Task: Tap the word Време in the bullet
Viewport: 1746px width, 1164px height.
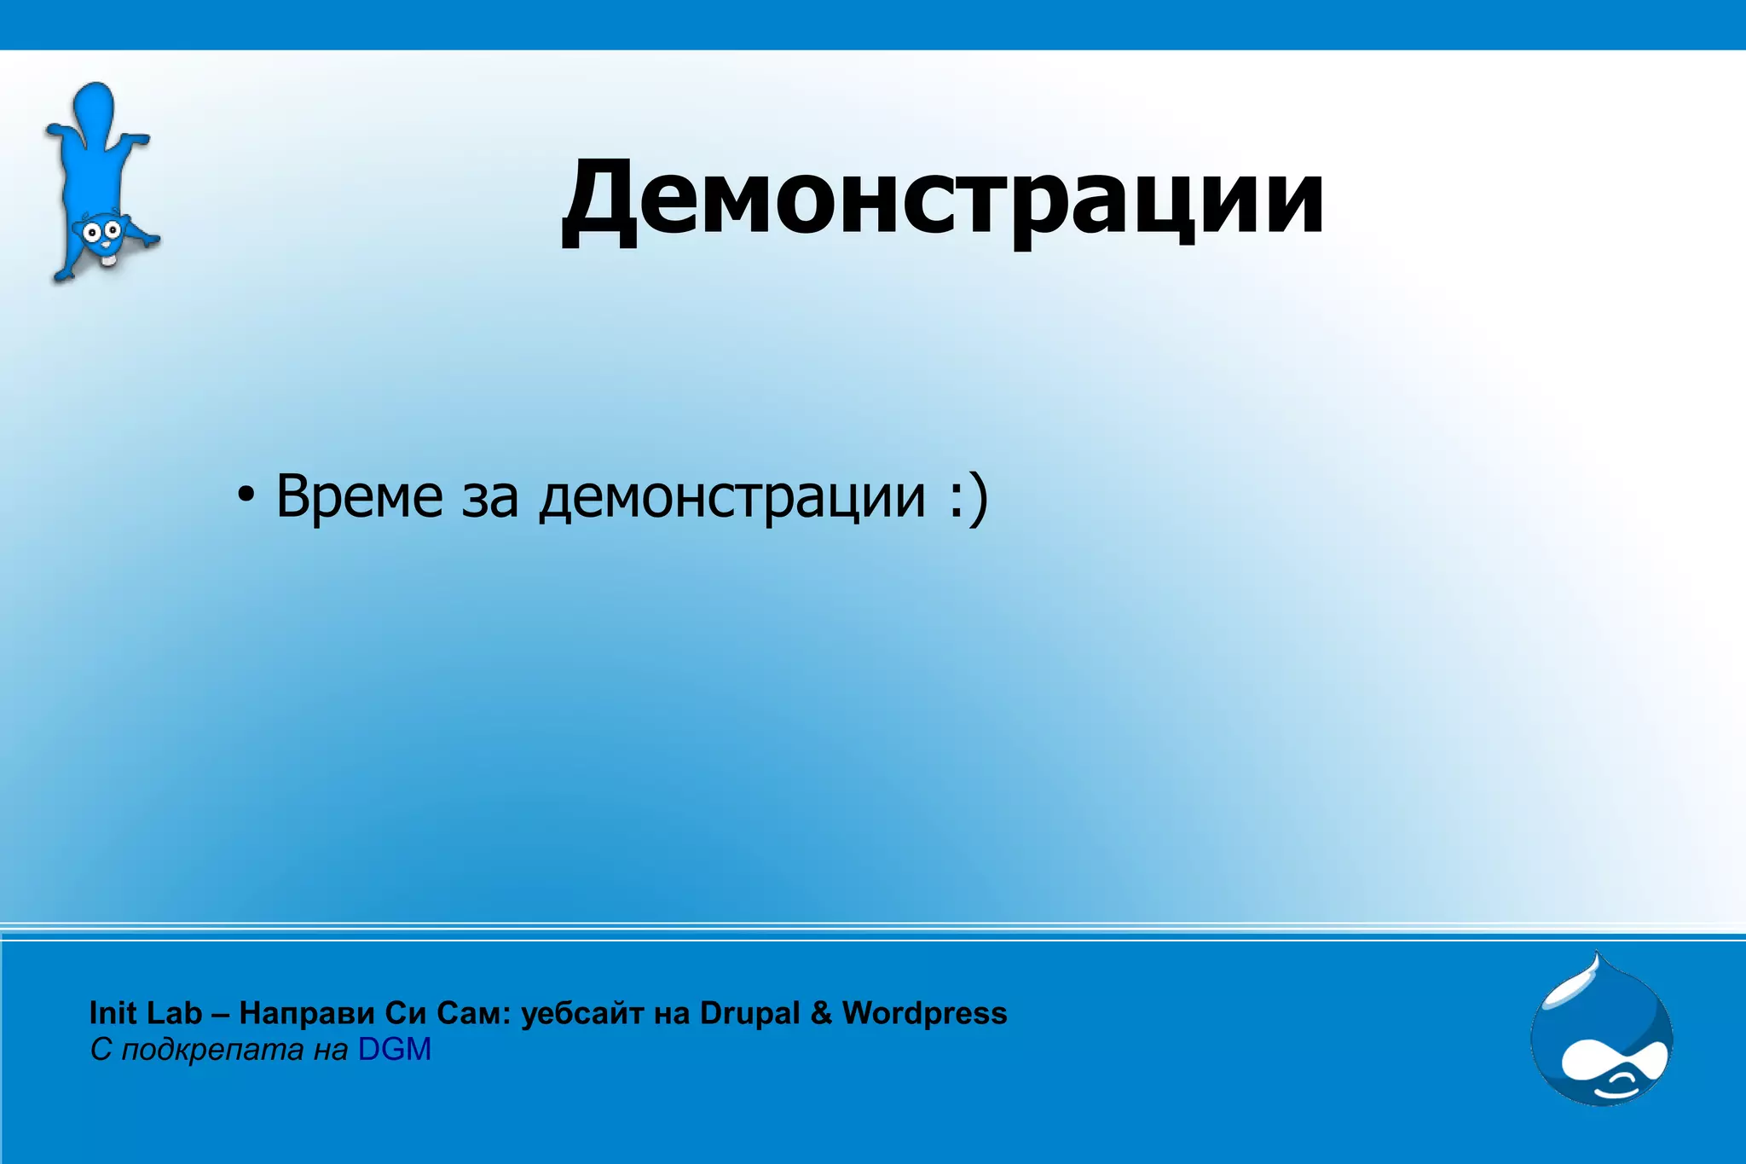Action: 359,496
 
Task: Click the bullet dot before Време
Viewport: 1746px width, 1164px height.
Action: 246,497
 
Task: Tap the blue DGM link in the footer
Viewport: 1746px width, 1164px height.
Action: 395,1050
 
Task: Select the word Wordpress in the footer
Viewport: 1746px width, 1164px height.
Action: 924,1013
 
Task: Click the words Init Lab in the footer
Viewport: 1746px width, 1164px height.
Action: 146,1013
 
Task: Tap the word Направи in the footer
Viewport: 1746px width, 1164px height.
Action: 307,1013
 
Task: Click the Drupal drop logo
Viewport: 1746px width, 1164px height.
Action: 1601,1036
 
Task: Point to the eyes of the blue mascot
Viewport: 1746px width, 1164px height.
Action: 100,230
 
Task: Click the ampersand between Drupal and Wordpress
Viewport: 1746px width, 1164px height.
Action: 821,1013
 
